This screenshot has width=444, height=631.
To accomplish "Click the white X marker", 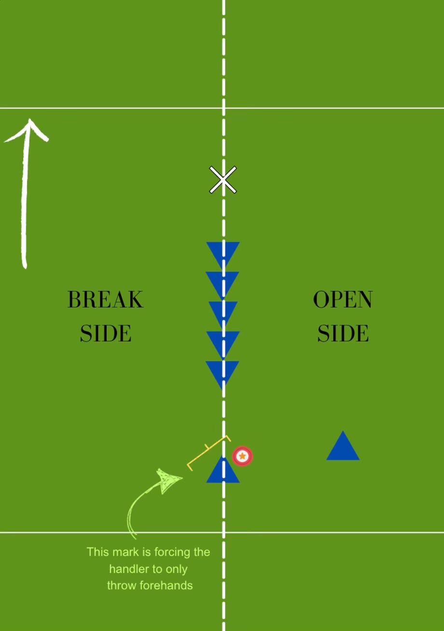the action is (223, 180).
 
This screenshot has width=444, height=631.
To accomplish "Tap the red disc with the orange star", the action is (242, 456).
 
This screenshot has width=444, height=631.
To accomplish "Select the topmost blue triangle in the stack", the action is (223, 253).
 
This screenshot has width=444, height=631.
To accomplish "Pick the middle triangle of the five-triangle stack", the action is (223, 312).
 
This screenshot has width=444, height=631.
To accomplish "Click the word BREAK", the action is (105, 300).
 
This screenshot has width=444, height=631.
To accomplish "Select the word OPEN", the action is (343, 300).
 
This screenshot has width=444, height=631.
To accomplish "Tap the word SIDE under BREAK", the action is (105, 333).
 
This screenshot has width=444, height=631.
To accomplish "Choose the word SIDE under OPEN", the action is (343, 333).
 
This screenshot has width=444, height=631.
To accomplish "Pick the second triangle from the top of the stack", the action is (222, 283).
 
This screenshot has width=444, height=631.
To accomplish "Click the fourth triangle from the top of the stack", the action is (223, 342).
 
